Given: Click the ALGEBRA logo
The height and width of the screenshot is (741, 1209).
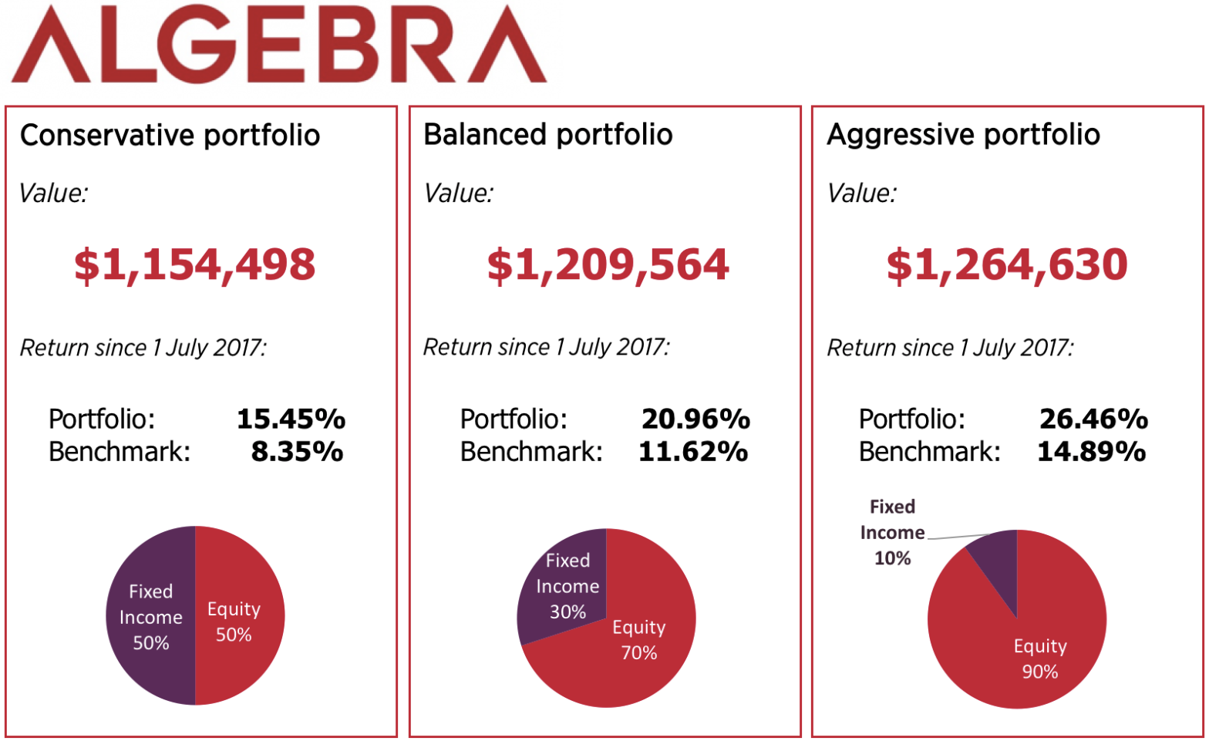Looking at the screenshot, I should click(x=279, y=45).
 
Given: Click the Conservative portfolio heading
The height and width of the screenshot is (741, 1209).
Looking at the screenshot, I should click(x=170, y=135).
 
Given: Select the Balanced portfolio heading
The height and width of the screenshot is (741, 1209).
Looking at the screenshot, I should click(x=547, y=134).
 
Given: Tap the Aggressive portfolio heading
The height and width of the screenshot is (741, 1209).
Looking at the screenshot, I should click(x=963, y=134).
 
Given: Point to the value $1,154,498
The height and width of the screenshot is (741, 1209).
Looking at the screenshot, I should click(x=194, y=264).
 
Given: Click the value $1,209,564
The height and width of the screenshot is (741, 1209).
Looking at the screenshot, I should click(x=608, y=264).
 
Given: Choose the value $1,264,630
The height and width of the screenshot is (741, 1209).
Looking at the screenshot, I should click(x=1006, y=264).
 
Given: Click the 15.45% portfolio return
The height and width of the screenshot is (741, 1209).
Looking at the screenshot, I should click(x=291, y=419).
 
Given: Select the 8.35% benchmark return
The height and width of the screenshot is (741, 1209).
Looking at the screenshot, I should click(x=297, y=451).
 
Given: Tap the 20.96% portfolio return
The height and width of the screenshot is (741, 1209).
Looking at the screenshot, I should click(x=695, y=419).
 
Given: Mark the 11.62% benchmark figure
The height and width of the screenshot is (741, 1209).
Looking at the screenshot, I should click(x=692, y=451).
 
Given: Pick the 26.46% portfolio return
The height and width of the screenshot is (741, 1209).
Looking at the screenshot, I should click(x=1093, y=419).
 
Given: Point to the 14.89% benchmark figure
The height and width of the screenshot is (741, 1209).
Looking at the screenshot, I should click(x=1091, y=451).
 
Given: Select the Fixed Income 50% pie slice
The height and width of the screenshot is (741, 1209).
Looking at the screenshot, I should click(x=150, y=617).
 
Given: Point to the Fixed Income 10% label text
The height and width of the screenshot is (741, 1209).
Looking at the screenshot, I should click(x=892, y=532).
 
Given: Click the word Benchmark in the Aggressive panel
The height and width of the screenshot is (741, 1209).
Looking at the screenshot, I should click(x=929, y=451).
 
